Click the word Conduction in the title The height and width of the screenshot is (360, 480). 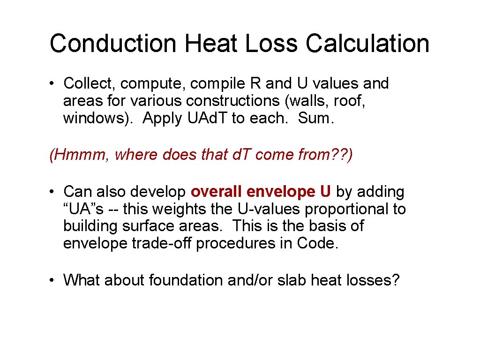pos(113,43)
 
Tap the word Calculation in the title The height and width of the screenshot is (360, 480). pos(367,43)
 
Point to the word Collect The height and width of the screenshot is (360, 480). pos(89,84)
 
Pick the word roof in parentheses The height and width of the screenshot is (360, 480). pos(350,101)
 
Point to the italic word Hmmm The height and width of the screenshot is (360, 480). pos(79,154)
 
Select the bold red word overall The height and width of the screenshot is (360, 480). pos(216,192)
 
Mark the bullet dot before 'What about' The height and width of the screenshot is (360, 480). pos(54,280)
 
